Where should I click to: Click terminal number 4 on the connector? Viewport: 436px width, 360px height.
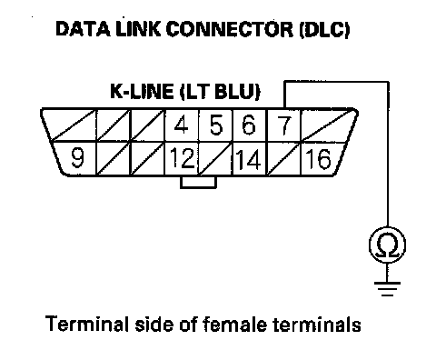point(181,125)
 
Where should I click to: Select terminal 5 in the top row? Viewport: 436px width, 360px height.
point(215,125)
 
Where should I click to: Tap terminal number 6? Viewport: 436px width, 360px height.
point(249,125)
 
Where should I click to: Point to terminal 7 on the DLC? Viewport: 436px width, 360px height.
point(283,125)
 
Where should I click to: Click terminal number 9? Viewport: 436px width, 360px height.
point(77,158)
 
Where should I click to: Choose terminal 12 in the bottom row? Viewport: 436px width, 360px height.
point(182,158)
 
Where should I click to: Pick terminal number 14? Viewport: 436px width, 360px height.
point(249,159)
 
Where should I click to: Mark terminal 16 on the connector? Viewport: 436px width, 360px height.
point(319,158)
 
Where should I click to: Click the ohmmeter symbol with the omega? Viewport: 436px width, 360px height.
point(387,245)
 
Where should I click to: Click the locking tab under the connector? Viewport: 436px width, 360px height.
point(199,182)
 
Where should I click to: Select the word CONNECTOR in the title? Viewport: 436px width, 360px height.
point(230,29)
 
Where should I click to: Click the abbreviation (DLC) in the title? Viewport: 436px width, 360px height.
point(324,30)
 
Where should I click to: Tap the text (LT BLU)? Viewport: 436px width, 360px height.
point(220,92)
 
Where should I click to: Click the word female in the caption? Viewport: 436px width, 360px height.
point(235,324)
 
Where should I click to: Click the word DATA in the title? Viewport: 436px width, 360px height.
point(84,29)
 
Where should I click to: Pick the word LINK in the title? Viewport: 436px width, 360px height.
point(138,29)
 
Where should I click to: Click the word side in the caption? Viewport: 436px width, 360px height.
point(154,324)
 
